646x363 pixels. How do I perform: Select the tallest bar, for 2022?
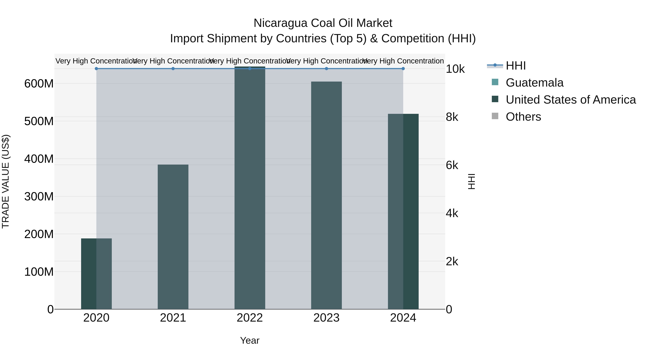click(250, 188)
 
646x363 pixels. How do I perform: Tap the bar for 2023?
click(326, 195)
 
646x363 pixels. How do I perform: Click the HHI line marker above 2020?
click(96, 69)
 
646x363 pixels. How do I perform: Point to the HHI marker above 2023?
click(326, 69)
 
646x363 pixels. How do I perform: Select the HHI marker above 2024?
click(403, 69)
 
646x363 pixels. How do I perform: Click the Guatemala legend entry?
click(534, 83)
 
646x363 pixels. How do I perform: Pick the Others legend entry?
click(523, 117)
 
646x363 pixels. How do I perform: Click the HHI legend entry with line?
click(515, 66)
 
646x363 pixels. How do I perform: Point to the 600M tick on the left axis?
click(39, 84)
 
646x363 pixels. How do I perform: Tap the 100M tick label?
click(39, 272)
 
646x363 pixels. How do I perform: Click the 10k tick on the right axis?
click(455, 69)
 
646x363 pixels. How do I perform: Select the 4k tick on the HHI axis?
click(452, 213)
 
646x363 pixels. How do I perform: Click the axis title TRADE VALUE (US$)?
click(6, 181)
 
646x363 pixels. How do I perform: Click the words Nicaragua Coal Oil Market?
click(323, 23)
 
